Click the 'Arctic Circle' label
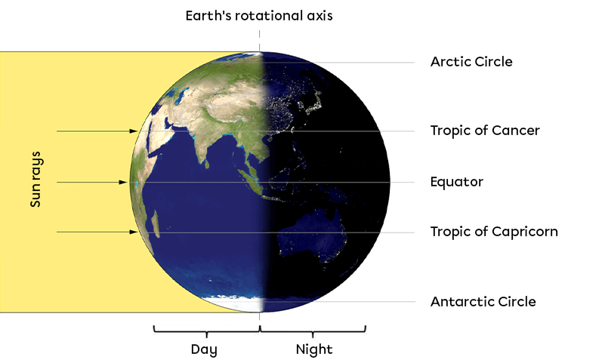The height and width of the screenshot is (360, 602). (471, 62)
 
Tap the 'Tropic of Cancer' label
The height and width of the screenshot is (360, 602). (485, 131)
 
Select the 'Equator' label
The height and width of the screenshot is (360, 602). (456, 182)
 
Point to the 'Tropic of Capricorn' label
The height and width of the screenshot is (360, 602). (494, 232)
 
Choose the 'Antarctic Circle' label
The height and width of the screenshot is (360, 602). (483, 302)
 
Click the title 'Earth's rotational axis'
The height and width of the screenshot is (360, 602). (260, 15)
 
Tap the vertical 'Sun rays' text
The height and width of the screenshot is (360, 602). (35, 182)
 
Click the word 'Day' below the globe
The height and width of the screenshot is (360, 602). (204, 349)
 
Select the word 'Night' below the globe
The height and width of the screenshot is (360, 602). (313, 349)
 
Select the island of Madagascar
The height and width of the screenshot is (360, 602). (156, 224)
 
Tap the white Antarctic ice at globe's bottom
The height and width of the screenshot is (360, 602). (242, 303)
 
